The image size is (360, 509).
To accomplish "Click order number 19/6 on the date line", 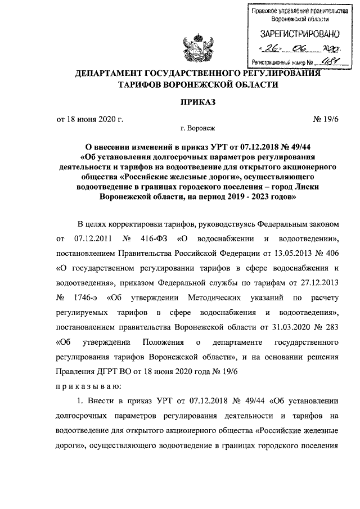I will point(324,119).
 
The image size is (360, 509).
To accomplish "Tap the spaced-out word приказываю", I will point(85,386).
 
